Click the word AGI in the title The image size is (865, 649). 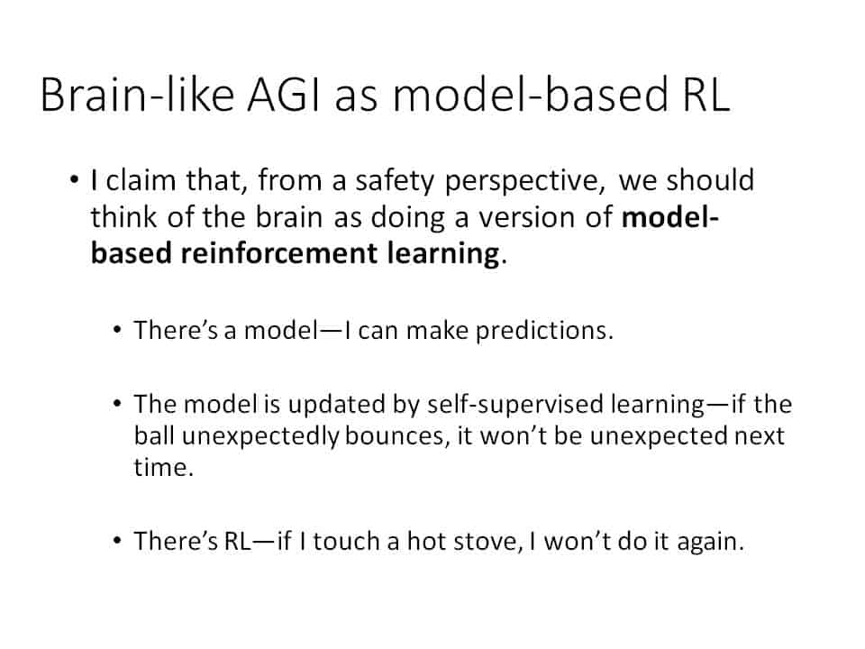tap(284, 95)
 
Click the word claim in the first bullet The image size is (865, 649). tap(141, 180)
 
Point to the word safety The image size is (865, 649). tap(395, 182)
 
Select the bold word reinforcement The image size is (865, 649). tap(279, 253)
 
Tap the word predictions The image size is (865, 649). tap(544, 331)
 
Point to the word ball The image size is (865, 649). tap(154, 436)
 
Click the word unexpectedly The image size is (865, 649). tap(259, 437)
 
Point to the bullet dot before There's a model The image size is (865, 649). tap(116, 330)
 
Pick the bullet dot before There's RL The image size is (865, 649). tap(116, 540)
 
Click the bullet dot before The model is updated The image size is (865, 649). tap(116, 404)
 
